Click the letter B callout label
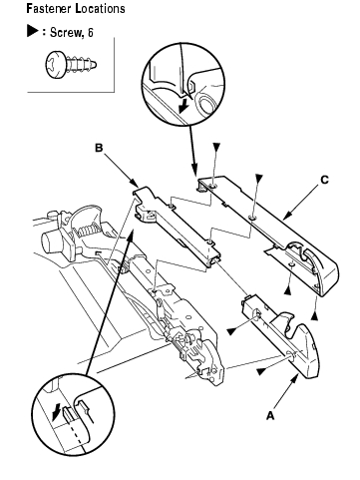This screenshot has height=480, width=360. point(99,148)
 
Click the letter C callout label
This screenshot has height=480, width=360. point(324,180)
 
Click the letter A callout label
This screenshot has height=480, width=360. point(270,415)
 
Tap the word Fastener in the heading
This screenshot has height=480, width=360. point(49,8)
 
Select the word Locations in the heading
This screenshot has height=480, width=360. point(100,8)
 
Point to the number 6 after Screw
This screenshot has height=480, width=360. point(91,32)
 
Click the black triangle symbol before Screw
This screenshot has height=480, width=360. point(33,31)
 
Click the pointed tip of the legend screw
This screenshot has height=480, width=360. point(96,64)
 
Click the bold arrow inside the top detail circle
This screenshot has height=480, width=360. point(182,107)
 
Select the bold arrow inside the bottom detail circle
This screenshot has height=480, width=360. point(57,411)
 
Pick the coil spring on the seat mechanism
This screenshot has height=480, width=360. point(87,230)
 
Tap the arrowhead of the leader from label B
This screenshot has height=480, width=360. point(136,184)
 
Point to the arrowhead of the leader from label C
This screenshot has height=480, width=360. point(287,216)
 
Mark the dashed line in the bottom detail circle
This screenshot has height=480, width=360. point(76,432)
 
